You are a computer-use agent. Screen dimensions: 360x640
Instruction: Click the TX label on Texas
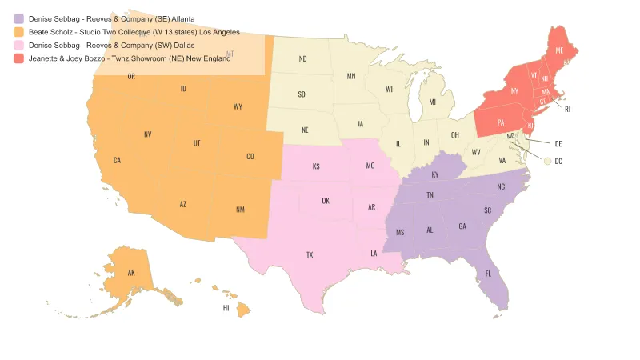pos(310,255)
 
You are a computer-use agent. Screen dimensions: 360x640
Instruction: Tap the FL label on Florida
pos(488,274)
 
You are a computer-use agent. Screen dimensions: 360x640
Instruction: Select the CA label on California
pos(118,161)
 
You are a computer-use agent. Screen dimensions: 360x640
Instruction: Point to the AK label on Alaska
pos(131,273)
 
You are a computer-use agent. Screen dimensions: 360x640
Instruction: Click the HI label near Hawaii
pos(226,307)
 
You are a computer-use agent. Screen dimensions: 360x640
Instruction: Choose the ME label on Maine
pos(559,50)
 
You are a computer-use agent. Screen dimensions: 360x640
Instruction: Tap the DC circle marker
pos(547,161)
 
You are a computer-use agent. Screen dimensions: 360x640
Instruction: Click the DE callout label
pos(558,144)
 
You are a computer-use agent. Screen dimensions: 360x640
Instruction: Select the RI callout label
pos(567,109)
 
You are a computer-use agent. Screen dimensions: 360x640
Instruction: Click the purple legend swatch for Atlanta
pos(19,18)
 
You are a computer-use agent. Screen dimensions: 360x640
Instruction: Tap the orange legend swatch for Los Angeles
pos(19,31)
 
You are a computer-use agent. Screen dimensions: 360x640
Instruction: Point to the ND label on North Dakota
pos(302,59)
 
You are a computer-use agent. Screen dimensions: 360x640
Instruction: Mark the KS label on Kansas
pos(316,166)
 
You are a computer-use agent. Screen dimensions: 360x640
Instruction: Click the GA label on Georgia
pos(462,226)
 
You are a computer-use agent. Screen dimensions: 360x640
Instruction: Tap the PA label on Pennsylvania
pos(501,122)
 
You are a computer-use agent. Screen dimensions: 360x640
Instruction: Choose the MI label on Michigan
pos(432,102)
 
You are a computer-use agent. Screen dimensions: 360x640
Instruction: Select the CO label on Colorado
pos(250,156)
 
